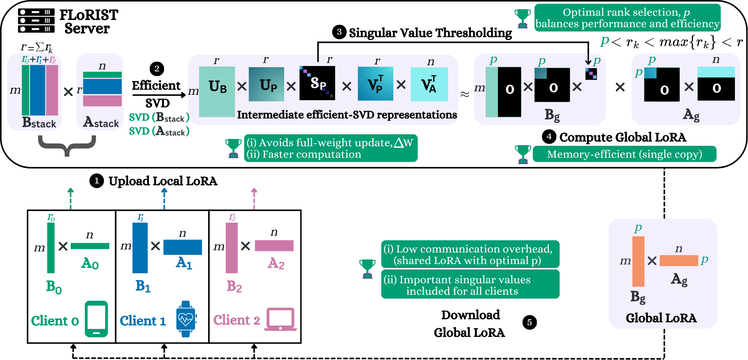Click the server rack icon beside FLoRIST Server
pyautogui.click(x=36, y=21)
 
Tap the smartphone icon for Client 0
pyautogui.click(x=96, y=319)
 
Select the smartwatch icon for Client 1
pyautogui.click(x=186, y=319)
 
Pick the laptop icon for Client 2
pyautogui.click(x=281, y=319)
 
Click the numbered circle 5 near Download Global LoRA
pyautogui.click(x=530, y=322)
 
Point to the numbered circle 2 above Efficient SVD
pyautogui.click(x=157, y=69)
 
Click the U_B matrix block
pyautogui.click(x=217, y=92)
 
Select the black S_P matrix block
pyautogui.click(x=317, y=83)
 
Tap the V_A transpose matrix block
pyautogui.click(x=429, y=84)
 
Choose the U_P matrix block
pyautogui.click(x=266, y=84)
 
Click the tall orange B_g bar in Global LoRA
pyautogui.click(x=638, y=261)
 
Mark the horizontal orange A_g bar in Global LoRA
pyautogui.click(x=678, y=261)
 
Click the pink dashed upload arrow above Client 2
pyautogui.click(x=254, y=198)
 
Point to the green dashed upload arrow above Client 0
pyautogui.click(x=70, y=198)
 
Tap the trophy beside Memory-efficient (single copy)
pyautogui.click(x=523, y=154)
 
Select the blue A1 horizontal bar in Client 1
pyautogui.click(x=182, y=247)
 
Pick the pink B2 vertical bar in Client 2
pyautogui.click(x=232, y=248)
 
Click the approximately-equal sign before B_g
pyautogui.click(x=465, y=94)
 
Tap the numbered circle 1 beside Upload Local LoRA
pyautogui.click(x=97, y=181)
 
